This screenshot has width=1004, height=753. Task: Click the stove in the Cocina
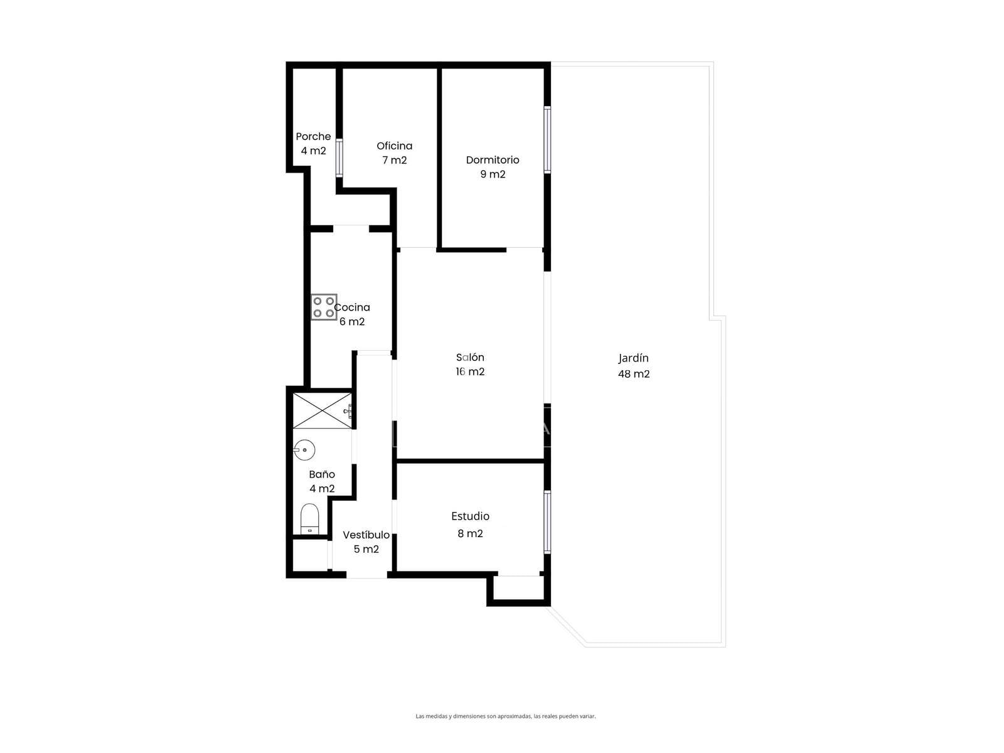point(323,307)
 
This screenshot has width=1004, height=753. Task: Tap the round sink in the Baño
point(304,450)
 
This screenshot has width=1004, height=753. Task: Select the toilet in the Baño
point(309,518)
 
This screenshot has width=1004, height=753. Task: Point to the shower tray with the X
point(322,410)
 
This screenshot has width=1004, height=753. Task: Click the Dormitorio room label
point(492,159)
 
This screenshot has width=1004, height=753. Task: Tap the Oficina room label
point(394,146)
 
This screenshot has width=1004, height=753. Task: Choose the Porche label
point(313,136)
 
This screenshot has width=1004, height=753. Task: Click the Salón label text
point(470,357)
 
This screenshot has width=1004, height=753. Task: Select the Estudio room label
point(470,516)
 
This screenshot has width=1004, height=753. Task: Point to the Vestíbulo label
point(366,535)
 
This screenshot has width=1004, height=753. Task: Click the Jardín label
point(633,358)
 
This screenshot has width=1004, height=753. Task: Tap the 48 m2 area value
point(634,373)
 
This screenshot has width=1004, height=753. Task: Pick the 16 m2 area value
point(470,371)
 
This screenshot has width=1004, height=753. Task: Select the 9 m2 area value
point(493,174)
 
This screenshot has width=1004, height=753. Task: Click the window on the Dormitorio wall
point(547,139)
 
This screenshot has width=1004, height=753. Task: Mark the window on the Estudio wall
point(547,522)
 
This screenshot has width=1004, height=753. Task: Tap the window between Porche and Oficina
point(339,158)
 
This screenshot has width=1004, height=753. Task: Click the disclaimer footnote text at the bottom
point(505,716)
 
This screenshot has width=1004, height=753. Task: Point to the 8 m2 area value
point(470,533)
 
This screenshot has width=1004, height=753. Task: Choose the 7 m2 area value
point(394,159)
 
